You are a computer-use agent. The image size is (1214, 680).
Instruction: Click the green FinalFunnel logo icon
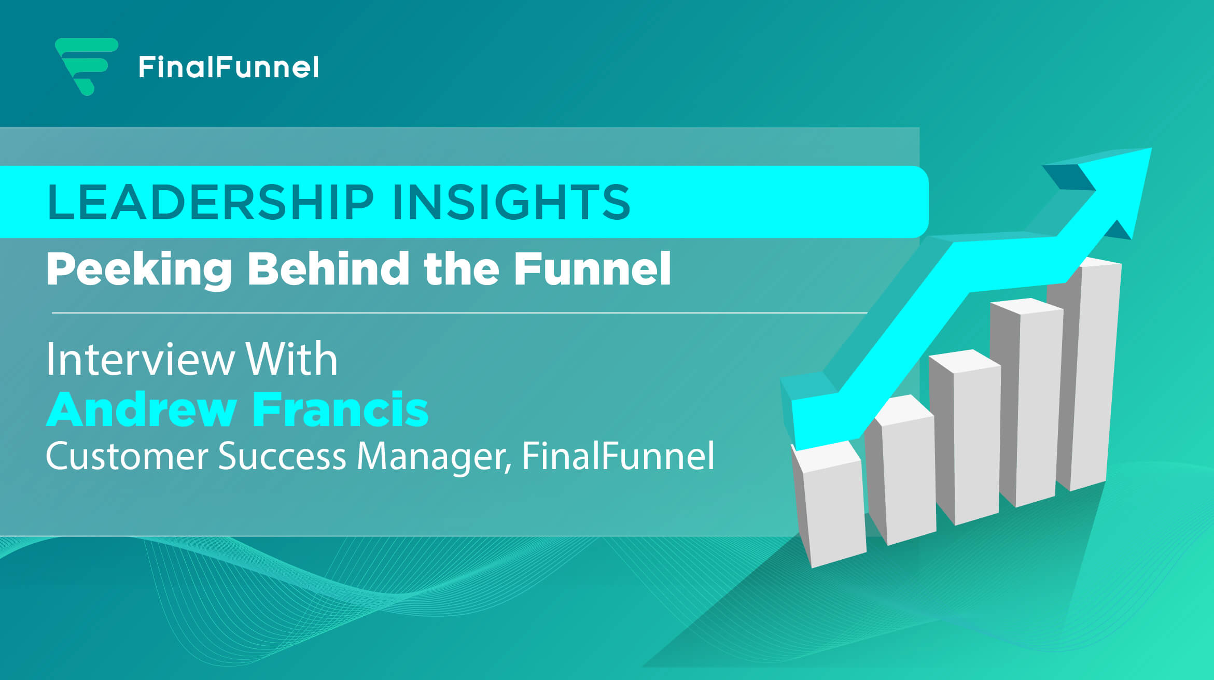point(87,66)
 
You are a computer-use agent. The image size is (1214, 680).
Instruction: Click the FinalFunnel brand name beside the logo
point(229,67)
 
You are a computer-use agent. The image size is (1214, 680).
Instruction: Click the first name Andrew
point(142,409)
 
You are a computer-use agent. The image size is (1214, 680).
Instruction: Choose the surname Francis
point(341,409)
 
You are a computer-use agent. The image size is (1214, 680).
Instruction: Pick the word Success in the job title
point(282,456)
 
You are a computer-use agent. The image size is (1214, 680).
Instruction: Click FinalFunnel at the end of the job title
point(618,456)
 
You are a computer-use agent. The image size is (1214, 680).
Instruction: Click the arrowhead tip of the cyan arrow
point(1151,149)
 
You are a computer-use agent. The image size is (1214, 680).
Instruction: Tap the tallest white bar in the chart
point(1084,374)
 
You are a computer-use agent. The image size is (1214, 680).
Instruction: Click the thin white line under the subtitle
point(459,313)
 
